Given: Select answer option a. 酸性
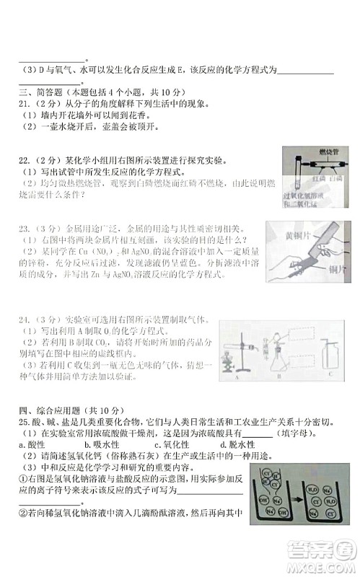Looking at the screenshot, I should (32, 445).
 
